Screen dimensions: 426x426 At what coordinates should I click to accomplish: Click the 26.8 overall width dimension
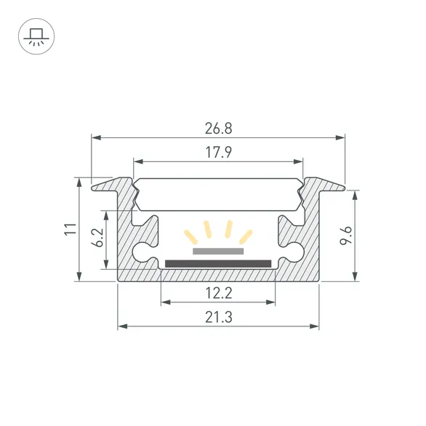point(218,129)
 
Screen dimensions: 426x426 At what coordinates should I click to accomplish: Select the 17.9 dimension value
point(218,153)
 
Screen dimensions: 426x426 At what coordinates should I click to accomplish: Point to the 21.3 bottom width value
point(218,318)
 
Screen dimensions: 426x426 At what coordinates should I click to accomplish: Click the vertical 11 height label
point(69,229)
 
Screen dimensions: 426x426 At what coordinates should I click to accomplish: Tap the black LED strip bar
point(218,262)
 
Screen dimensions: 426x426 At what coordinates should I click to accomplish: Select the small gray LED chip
point(218,250)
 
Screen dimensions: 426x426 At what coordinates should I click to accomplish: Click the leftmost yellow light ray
point(191,236)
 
